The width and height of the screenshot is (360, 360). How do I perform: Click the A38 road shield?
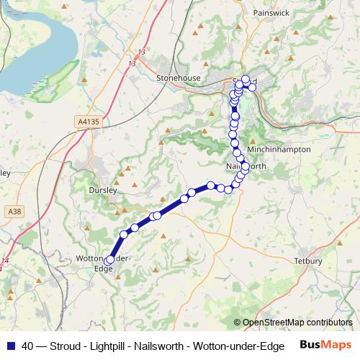[14, 211]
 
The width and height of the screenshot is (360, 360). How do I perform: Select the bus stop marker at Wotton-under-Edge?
[109, 261]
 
